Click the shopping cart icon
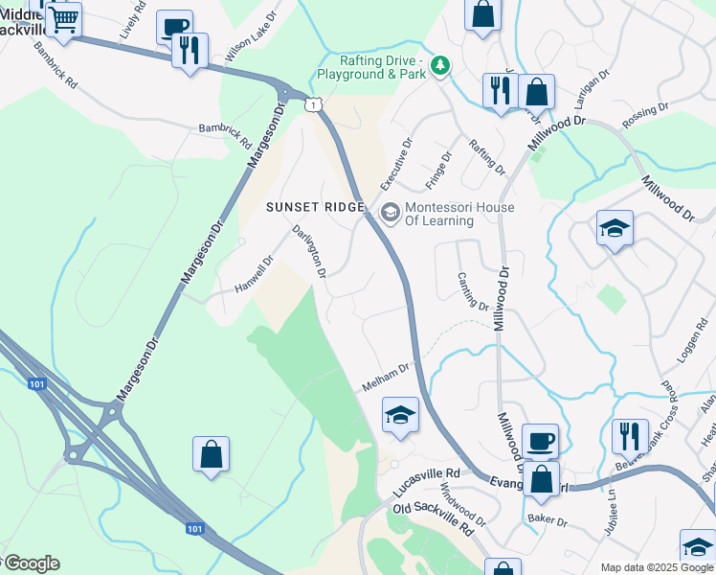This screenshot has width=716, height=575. pyautogui.click(x=63, y=18)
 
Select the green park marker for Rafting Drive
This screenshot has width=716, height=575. pyautogui.click(x=439, y=65)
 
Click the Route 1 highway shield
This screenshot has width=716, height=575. pyautogui.click(x=312, y=104)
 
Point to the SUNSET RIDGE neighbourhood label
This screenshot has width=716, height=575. pyautogui.click(x=315, y=207)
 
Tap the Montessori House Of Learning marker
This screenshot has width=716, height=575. pyautogui.click(x=390, y=213)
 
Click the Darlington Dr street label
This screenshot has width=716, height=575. pyautogui.click(x=310, y=251)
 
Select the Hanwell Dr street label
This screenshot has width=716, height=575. pyautogui.click(x=255, y=274)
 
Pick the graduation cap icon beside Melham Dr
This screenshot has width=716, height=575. pyautogui.click(x=400, y=415)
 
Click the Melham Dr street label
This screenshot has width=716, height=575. pyautogui.click(x=386, y=376)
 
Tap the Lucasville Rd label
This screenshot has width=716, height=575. pyautogui.click(x=427, y=483)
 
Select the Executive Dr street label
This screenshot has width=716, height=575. pyautogui.click(x=395, y=164)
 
